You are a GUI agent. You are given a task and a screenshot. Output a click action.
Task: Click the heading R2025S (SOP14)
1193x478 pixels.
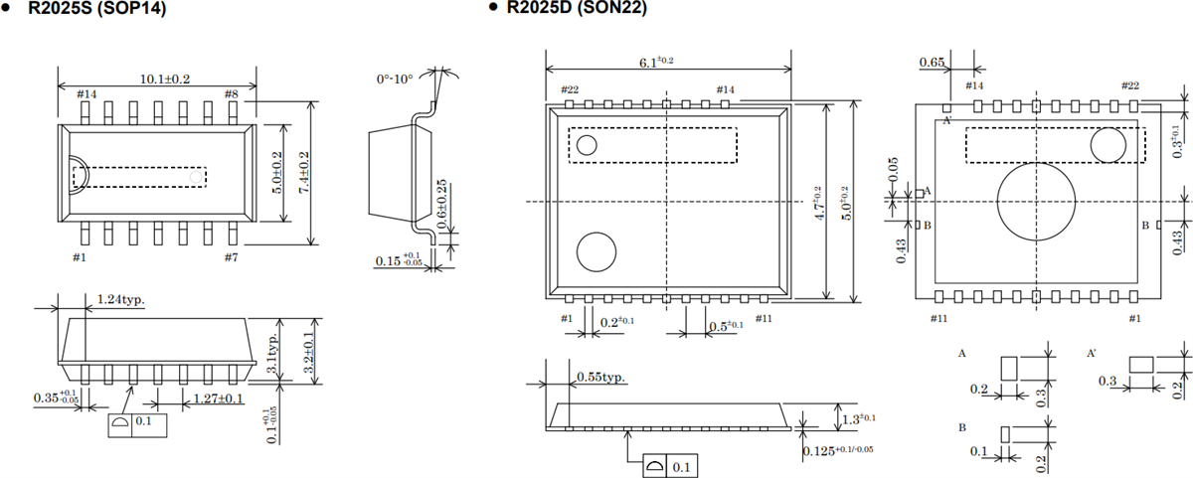94,9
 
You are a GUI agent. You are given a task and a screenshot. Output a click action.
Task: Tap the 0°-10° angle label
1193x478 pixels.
395,78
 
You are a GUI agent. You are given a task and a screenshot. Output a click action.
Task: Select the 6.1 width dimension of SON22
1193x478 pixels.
656,62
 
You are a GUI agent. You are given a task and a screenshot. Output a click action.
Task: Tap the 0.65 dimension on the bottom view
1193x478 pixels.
932,62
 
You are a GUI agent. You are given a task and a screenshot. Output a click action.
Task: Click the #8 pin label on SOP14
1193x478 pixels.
231,94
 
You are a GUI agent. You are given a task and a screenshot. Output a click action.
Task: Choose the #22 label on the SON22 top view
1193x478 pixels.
570,89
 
